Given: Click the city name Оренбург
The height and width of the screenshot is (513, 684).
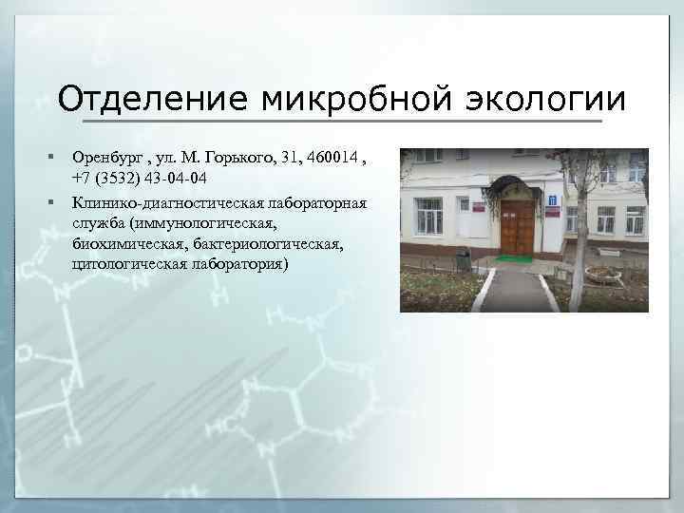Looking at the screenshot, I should (105, 158).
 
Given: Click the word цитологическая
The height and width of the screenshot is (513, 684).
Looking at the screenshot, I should (128, 265).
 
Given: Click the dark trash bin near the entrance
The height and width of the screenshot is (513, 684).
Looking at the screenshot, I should (464, 258).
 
